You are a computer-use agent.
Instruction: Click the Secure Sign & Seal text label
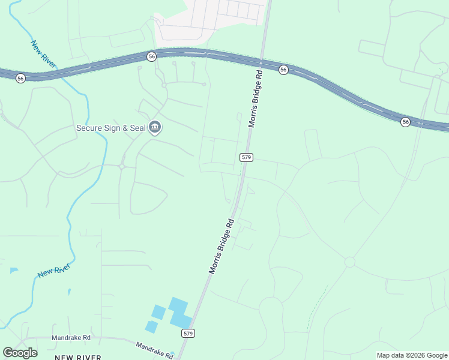point(111,128)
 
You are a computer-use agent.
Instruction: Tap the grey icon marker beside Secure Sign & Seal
point(155,127)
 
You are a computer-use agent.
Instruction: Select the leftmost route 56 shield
point(21,78)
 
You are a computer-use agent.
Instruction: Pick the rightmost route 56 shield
point(406,122)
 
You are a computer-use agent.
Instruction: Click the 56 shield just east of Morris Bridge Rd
point(283,70)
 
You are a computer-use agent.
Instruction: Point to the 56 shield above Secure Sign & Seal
point(151,56)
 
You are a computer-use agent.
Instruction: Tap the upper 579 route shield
point(246,157)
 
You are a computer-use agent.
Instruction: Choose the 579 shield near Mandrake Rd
point(188,333)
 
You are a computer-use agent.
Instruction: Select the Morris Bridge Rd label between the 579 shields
point(221,247)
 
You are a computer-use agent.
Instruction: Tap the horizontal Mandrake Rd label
point(71,338)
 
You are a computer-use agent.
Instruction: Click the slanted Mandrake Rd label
point(154,350)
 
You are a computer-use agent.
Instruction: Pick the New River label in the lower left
point(53,270)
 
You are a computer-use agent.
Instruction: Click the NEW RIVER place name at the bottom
point(78,357)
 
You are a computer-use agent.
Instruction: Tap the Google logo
point(20,353)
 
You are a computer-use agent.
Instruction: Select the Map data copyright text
point(412,355)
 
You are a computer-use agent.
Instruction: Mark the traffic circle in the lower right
point(349,262)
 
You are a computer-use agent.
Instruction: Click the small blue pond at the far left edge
point(13,271)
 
